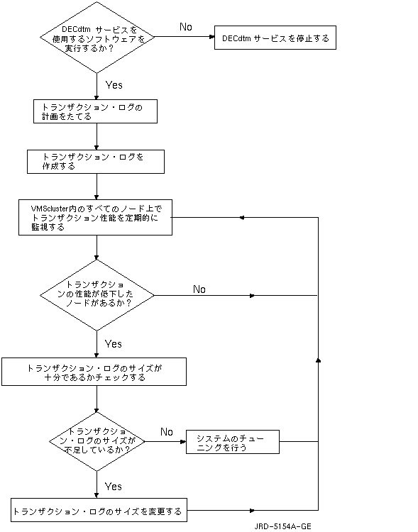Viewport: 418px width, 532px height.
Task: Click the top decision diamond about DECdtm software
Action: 97,38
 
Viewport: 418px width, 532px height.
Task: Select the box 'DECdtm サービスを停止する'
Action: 275,38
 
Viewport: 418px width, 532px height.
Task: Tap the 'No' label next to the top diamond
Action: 186,27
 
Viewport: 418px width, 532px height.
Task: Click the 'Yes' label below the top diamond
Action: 114,85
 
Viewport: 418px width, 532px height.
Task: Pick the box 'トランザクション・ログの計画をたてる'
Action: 95,111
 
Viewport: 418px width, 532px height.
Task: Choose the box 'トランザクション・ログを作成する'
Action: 96,162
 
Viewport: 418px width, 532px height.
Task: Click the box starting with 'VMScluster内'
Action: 95,218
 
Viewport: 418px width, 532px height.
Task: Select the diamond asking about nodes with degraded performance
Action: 97,295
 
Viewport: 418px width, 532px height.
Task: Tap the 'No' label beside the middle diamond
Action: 199,289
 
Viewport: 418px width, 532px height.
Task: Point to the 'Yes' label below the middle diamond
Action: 113,344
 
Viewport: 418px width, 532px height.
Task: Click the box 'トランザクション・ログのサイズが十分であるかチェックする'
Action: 94,372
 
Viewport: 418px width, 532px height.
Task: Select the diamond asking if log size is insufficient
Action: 97,441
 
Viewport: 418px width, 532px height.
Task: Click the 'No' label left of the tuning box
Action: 167,432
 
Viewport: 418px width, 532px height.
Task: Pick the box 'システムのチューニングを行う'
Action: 233,442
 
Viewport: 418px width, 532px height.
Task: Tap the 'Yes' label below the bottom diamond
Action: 113,487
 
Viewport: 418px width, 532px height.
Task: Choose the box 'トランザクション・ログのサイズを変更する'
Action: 99,510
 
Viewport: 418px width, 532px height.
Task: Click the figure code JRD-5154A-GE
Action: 283,526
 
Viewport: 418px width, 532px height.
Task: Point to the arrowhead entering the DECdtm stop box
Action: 212,37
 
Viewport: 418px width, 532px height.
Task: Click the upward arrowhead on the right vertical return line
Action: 318,360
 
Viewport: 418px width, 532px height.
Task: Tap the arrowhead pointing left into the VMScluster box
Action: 242,218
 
